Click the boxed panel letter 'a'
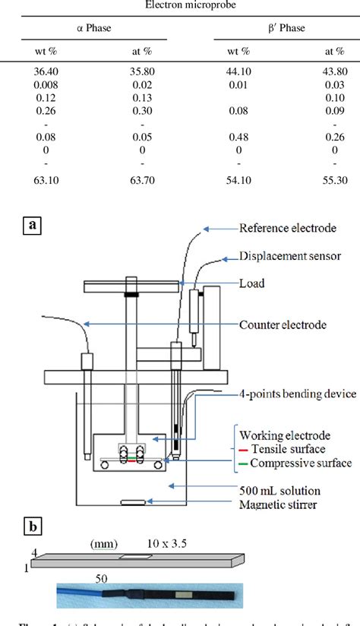(33, 226)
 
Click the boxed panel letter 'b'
(33, 524)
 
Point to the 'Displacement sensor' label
(289, 255)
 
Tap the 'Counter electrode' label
(283, 324)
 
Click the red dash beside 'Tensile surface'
(243, 448)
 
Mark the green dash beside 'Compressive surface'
(243, 461)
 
